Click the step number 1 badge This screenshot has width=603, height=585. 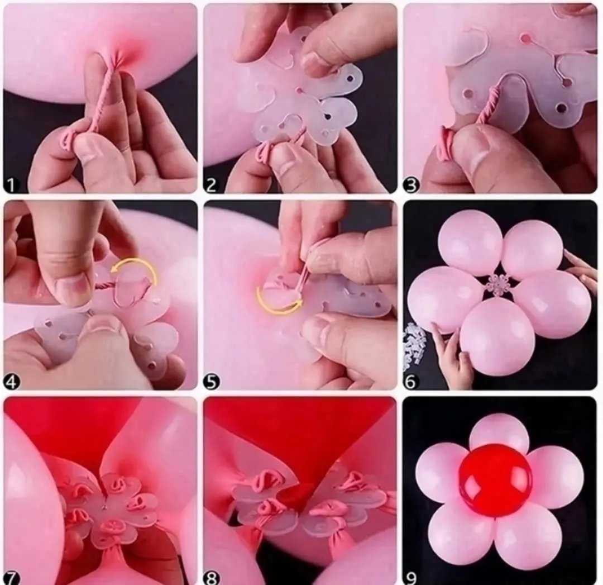tap(11, 185)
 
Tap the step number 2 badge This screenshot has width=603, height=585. tap(211, 185)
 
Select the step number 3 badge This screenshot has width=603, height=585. tap(411, 185)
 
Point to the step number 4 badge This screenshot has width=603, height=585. tap(12, 382)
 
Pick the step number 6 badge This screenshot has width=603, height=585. tap(411, 382)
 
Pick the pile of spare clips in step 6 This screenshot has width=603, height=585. tap(414, 344)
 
